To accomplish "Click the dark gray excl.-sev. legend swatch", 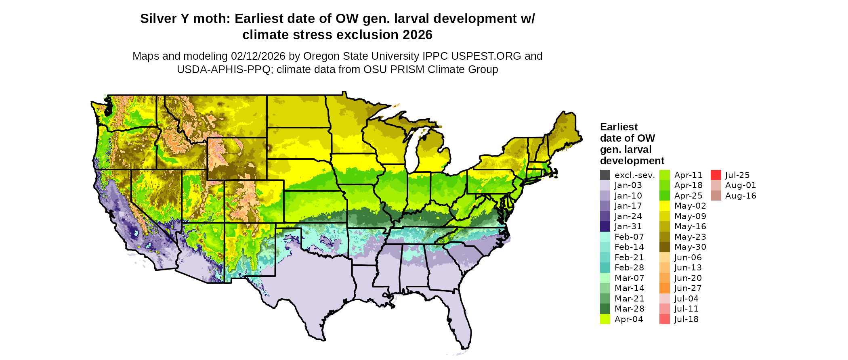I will pos(605,175).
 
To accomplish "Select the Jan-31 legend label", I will pos(628,227).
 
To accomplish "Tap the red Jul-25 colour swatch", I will pos(716,175).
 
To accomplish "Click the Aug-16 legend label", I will pos(740,196).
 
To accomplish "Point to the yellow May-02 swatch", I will pos(664,206).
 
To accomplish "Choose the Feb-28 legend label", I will pos(629,268).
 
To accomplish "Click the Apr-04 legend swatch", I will pos(605,319).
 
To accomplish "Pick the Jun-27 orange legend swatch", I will pos(664,289).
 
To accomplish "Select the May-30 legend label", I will pos(690,247).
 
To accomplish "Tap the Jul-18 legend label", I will pos(686,320).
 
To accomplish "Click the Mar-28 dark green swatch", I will pos(605,309).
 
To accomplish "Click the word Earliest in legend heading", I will pos(619,127).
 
